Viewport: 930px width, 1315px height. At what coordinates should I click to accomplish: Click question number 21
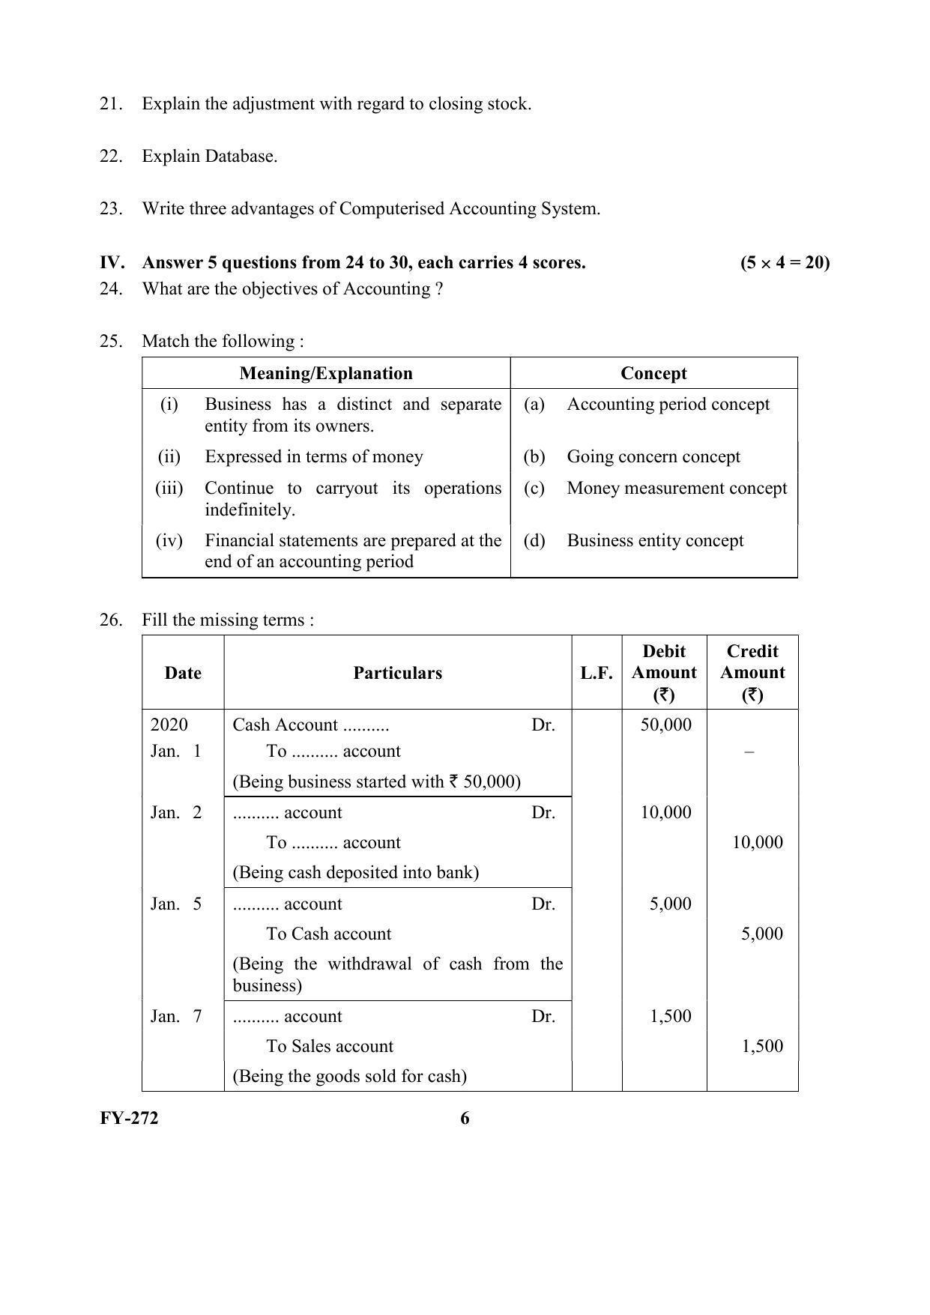coord(110,104)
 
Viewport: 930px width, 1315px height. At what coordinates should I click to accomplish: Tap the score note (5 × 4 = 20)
coord(785,263)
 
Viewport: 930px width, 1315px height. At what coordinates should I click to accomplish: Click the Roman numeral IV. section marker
coord(112,263)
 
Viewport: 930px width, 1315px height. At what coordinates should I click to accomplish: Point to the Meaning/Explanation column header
coord(326,373)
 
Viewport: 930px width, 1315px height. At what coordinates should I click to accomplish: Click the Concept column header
coord(653,373)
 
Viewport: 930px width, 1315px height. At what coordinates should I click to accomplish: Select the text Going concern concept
coord(653,457)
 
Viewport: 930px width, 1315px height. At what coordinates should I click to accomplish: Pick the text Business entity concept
coord(655,541)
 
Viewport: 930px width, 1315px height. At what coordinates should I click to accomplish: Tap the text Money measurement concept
coord(677,489)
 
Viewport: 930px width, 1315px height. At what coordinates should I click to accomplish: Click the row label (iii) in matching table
coord(169,489)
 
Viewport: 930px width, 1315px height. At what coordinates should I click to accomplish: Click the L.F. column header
coord(597,673)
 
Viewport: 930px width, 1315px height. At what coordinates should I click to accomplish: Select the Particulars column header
coord(397,673)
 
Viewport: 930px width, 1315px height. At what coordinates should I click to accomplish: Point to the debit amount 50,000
coord(665,725)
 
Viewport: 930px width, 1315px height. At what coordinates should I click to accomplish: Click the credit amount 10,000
coord(757,843)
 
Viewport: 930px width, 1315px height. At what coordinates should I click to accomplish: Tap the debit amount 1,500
coord(670,1017)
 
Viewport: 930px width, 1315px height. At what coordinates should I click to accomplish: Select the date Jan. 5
coord(176,904)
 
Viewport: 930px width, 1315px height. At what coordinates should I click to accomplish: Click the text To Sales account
coord(330,1047)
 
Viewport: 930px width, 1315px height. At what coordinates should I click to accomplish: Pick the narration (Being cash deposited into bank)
coord(355,873)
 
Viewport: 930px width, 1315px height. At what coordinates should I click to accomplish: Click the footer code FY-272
coord(129,1119)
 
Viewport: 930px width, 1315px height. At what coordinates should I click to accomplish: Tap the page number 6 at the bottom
coord(465,1119)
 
